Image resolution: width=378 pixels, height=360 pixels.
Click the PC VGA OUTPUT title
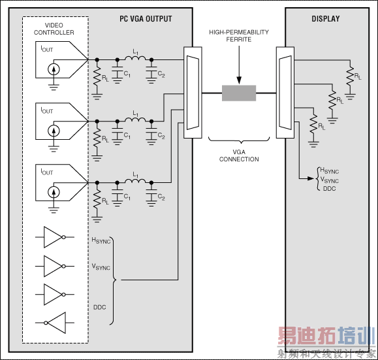tap(146, 19)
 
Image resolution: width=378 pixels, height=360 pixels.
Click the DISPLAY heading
tap(325, 19)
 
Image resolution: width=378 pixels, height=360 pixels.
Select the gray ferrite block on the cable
tap(239, 93)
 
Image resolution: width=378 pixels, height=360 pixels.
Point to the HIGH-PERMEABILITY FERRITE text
tap(238, 36)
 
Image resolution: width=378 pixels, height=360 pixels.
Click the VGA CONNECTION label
tap(238, 155)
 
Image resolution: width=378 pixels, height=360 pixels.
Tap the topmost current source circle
tap(55, 69)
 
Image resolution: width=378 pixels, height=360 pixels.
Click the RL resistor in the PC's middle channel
tap(97, 137)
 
